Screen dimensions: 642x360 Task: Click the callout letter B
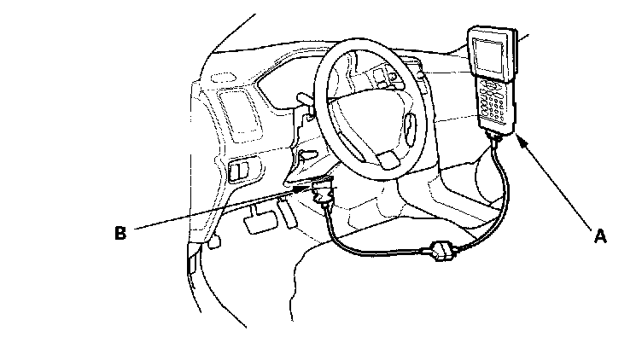[x=121, y=232]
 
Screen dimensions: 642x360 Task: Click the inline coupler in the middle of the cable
[x=441, y=251]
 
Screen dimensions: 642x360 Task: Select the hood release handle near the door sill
[x=213, y=242]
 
